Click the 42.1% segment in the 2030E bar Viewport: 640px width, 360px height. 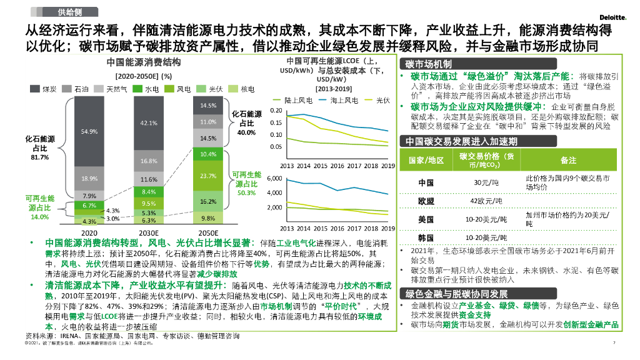point(149,123)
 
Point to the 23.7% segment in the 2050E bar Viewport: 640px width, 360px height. point(208,176)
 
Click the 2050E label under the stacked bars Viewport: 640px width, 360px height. point(208,231)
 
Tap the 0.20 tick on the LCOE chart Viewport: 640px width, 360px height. point(276,111)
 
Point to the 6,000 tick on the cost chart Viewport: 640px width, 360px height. point(274,179)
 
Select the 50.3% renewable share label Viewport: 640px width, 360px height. point(246,192)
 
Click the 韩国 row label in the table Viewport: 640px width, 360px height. point(426,238)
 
